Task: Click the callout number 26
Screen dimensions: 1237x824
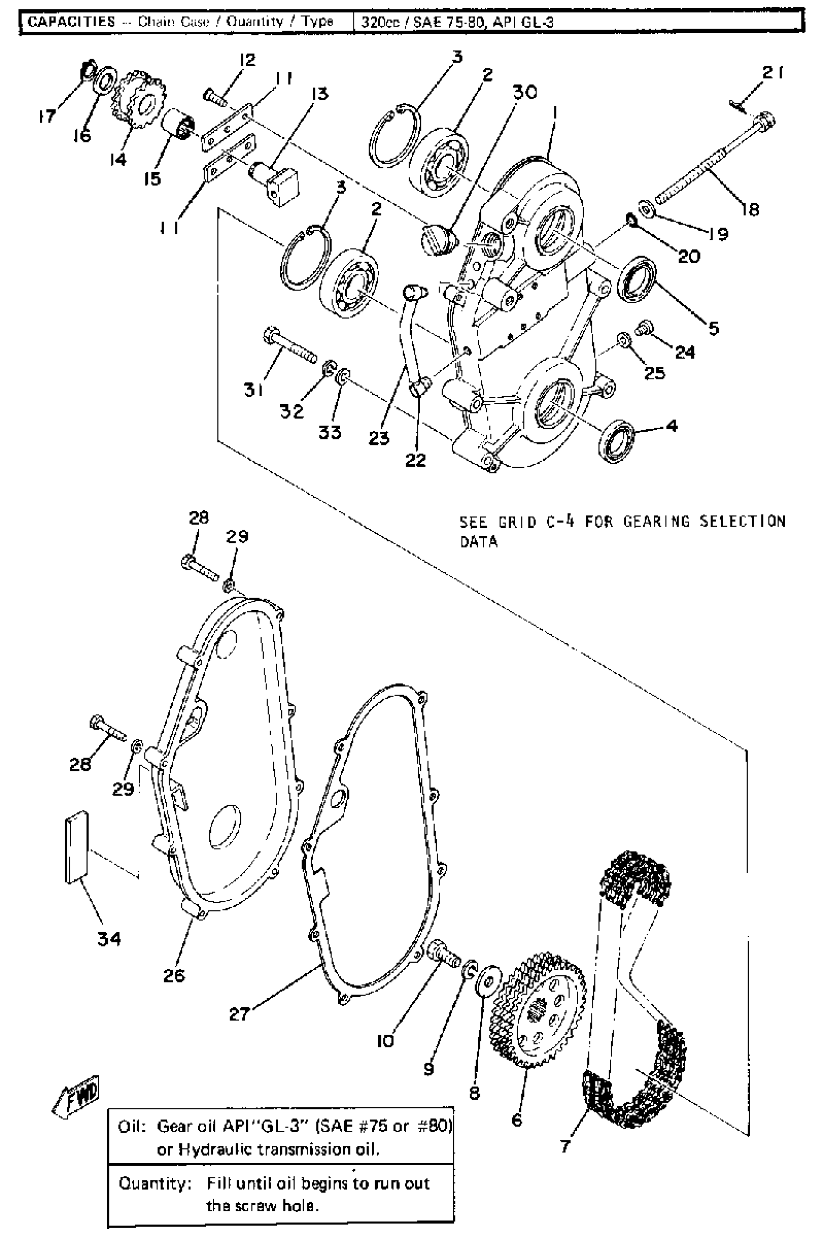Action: click(x=174, y=975)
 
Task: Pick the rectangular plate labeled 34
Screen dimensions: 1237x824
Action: click(x=77, y=847)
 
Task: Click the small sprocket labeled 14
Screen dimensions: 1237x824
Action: click(x=138, y=100)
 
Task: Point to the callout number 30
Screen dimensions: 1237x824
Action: click(x=524, y=92)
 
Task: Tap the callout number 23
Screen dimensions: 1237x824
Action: click(x=379, y=438)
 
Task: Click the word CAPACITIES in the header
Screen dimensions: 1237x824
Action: click(x=71, y=21)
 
